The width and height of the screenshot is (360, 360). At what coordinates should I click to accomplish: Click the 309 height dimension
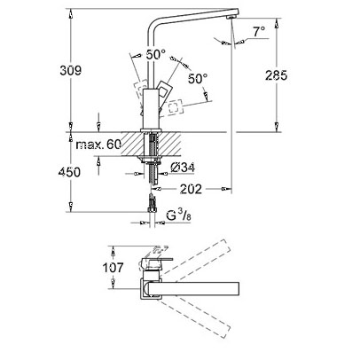click(x=70, y=70)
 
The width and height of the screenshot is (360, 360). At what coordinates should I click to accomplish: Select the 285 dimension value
click(x=276, y=75)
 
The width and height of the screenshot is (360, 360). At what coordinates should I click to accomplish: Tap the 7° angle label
click(x=259, y=31)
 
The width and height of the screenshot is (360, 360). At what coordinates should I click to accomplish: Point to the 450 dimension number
click(x=69, y=172)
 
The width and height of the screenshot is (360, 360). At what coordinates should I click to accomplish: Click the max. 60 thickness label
click(x=98, y=145)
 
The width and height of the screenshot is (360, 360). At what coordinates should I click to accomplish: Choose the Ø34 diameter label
click(x=183, y=168)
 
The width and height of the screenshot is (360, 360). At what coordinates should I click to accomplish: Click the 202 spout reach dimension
click(x=191, y=189)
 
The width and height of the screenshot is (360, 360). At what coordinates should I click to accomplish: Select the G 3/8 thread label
click(x=178, y=215)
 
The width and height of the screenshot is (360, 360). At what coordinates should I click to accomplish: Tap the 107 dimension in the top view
click(x=113, y=268)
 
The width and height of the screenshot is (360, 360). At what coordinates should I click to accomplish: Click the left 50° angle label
click(x=156, y=55)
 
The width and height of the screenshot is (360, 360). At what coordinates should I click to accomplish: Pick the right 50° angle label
click(x=198, y=78)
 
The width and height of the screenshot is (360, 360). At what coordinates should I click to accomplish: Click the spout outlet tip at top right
click(x=231, y=17)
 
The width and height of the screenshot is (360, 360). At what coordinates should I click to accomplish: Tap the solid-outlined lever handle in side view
click(x=163, y=90)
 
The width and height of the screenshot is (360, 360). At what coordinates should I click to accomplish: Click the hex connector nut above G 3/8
click(x=152, y=209)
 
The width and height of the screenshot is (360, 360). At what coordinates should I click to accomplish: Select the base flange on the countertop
click(x=151, y=129)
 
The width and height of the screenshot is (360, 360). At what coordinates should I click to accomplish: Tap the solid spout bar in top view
click(x=192, y=288)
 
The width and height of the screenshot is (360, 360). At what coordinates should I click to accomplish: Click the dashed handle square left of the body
click(x=141, y=90)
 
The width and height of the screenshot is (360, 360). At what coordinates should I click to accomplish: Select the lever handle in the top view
click(x=155, y=262)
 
